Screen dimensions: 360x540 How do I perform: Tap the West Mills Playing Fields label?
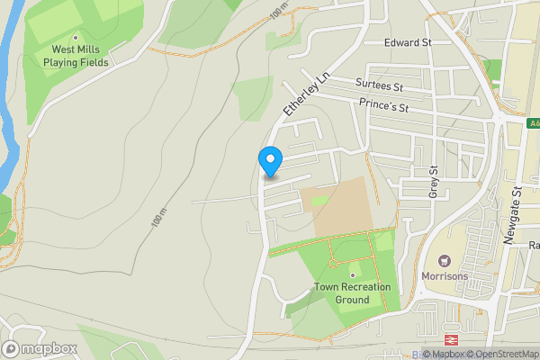79,57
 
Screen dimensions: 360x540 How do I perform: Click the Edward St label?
408,42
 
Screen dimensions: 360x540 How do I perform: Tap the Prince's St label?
383,106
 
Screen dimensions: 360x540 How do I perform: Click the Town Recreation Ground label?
352,293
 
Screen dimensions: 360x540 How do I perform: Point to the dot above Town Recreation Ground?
352,274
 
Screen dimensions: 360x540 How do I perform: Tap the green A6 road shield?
532,123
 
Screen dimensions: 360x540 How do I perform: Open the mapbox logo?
40,348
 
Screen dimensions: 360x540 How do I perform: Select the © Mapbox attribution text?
443,354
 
